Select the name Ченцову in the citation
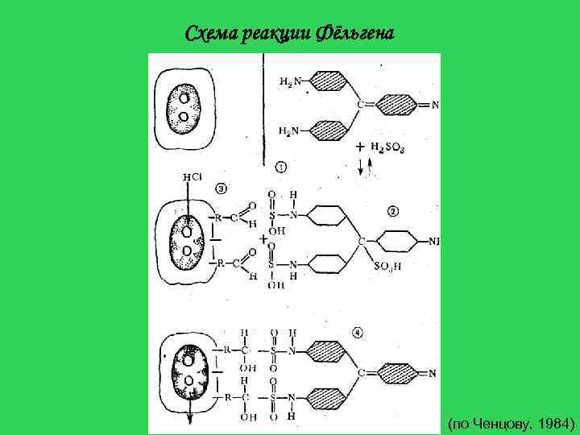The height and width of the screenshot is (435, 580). pyautogui.click(x=499, y=422)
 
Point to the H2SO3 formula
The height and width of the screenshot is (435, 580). pyautogui.click(x=389, y=147)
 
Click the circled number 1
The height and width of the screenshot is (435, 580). pyautogui.click(x=280, y=167)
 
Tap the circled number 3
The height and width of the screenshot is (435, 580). pyautogui.click(x=222, y=188)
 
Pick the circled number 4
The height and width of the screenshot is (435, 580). pyautogui.click(x=358, y=331)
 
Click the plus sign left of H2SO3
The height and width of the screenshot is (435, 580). pyautogui.click(x=359, y=147)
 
